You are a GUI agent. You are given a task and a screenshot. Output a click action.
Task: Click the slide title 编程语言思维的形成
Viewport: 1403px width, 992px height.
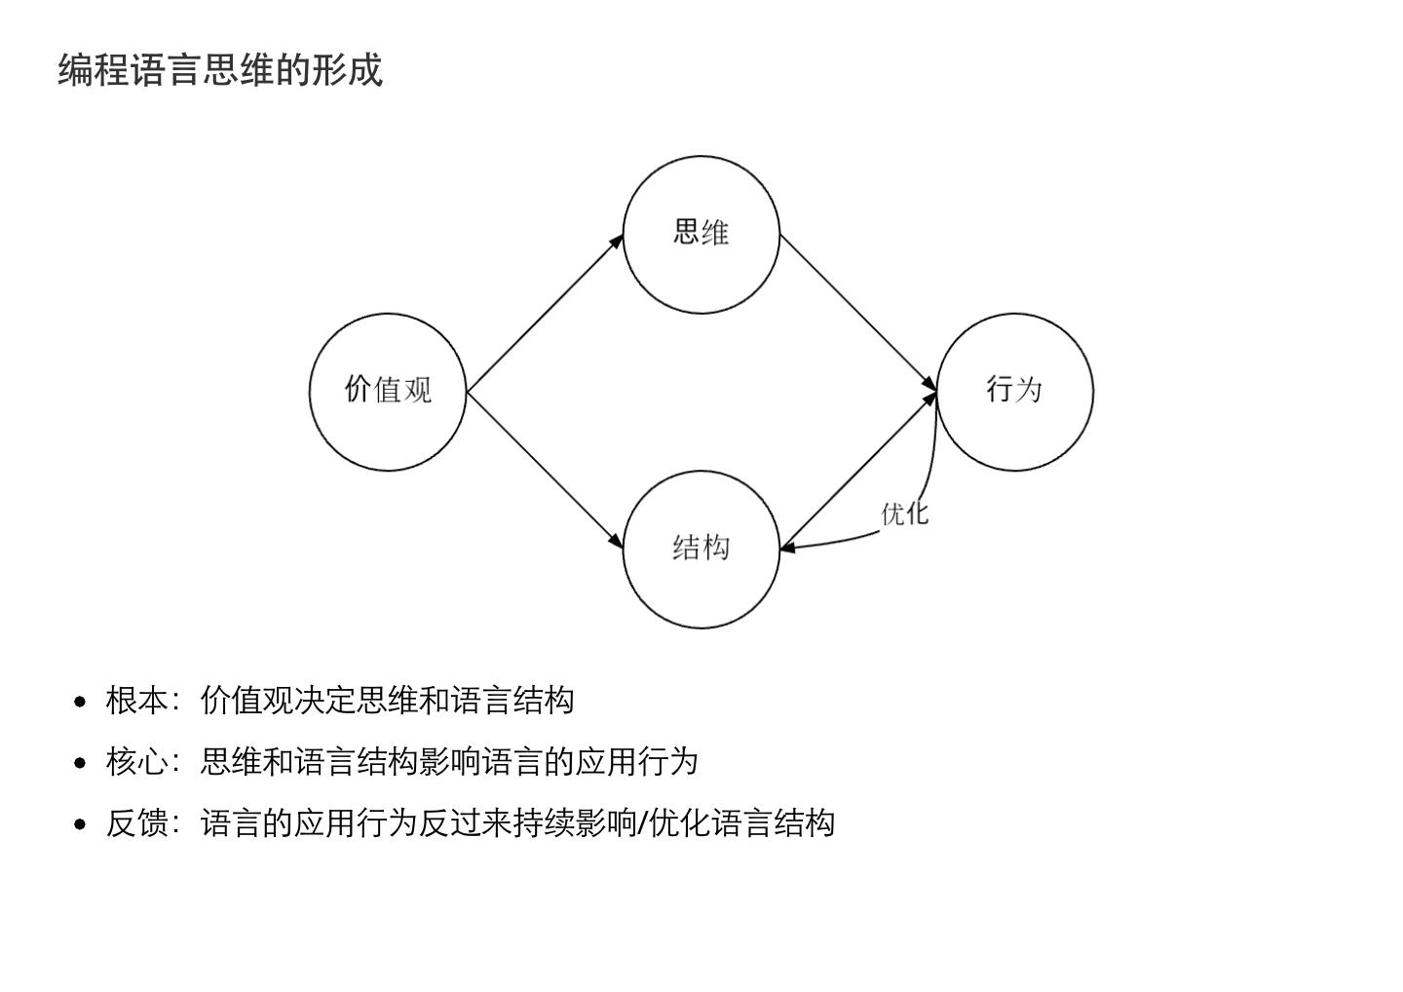(x=220, y=70)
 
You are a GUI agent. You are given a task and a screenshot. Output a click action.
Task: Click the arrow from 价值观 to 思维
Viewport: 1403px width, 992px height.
(x=544, y=314)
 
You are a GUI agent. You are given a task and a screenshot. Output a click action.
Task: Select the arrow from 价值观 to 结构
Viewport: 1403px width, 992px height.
(x=544, y=470)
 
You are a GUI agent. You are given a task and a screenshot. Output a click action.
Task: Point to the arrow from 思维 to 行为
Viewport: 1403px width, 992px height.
(x=857, y=314)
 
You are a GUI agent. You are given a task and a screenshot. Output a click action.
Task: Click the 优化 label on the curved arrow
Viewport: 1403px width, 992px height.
(x=905, y=514)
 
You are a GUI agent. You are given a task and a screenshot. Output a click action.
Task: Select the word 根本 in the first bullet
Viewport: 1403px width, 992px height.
(x=136, y=701)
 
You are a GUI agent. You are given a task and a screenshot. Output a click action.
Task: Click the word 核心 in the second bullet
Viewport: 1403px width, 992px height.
(x=136, y=762)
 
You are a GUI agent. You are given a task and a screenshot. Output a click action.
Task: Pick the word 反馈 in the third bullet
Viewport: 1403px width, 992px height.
(x=136, y=823)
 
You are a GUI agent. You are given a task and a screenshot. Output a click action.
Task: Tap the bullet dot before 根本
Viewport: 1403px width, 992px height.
(x=81, y=702)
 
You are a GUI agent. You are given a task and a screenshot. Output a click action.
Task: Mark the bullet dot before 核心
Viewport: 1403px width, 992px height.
(x=81, y=763)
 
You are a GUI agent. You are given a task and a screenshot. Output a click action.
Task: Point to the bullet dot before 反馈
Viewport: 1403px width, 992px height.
(x=81, y=824)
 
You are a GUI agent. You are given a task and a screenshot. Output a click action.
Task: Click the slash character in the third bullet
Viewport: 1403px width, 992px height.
(x=642, y=823)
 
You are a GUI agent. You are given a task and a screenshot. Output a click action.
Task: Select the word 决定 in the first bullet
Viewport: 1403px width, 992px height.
(x=325, y=701)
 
